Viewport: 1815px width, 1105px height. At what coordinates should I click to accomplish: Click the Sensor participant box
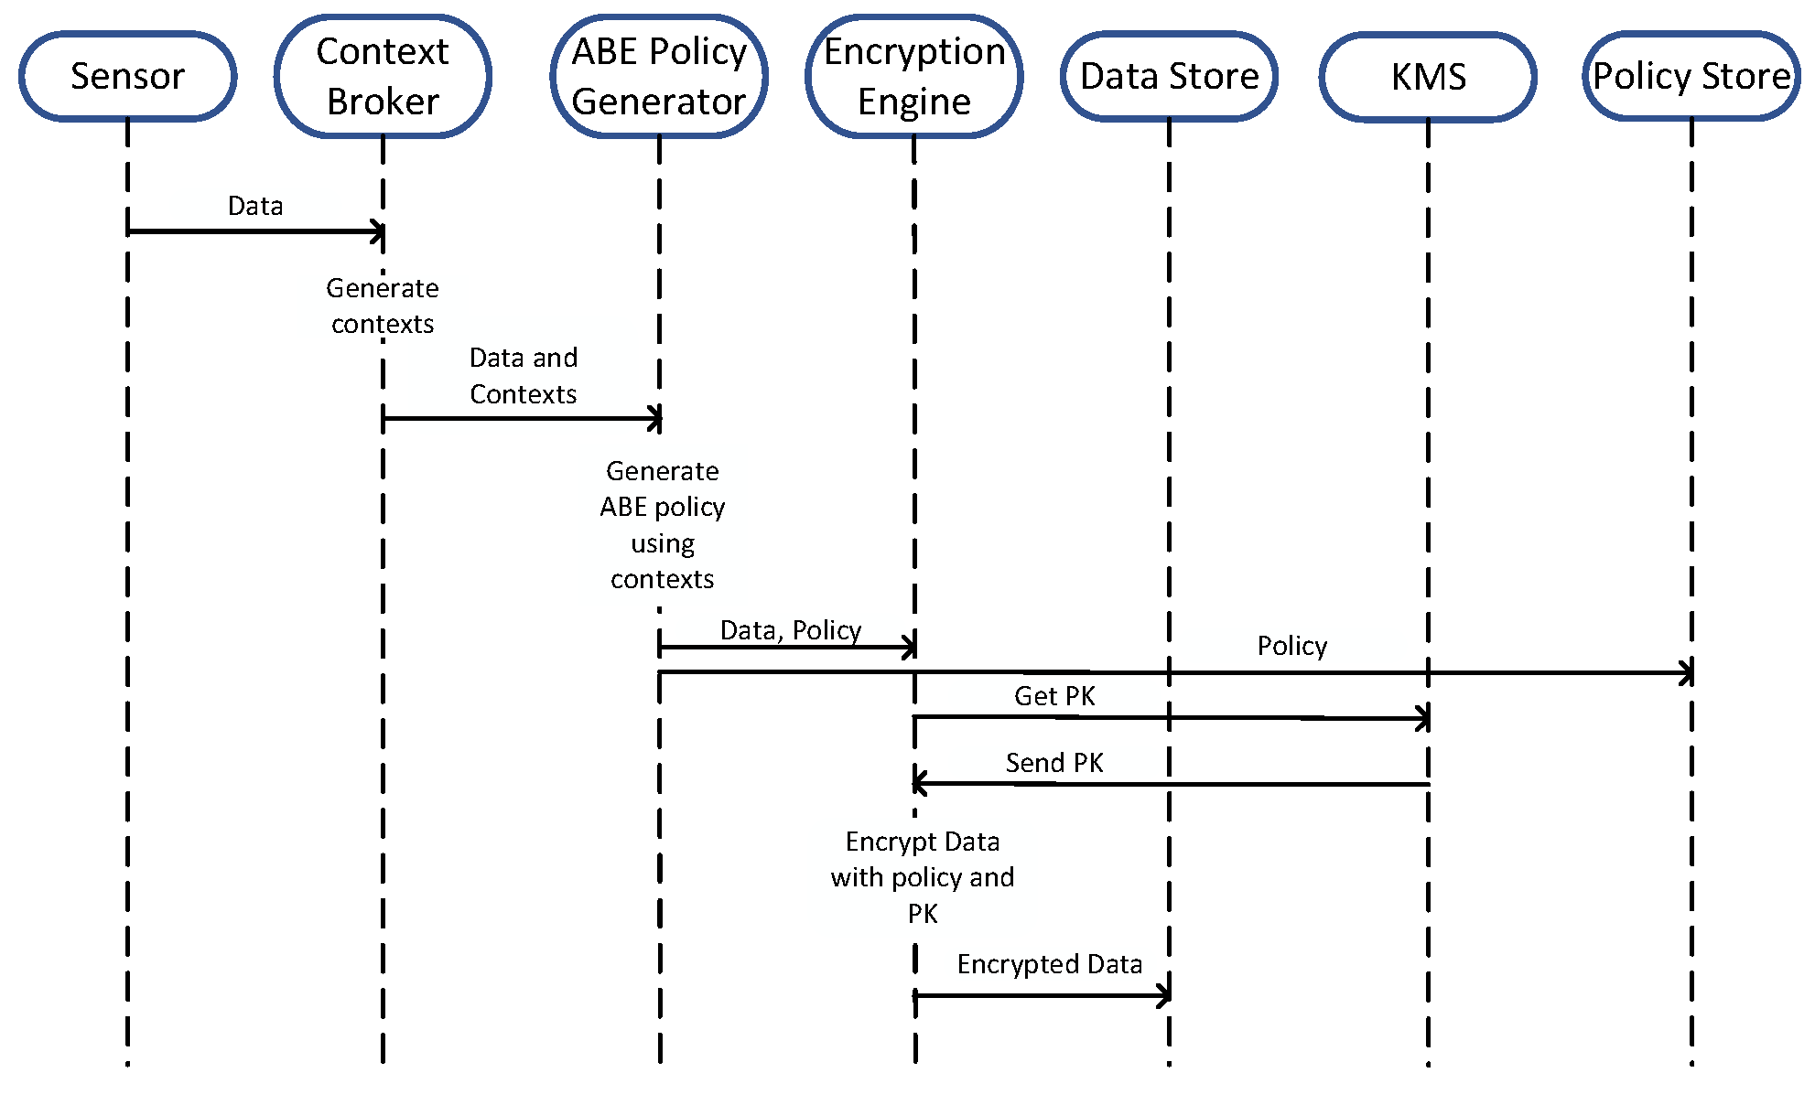coord(128,76)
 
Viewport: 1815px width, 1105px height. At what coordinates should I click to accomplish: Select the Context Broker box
coord(383,76)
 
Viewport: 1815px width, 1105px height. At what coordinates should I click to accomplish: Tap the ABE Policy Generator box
coord(659,76)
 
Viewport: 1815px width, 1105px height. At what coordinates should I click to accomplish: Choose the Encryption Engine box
coord(914,76)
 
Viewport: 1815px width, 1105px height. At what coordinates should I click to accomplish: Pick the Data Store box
coord(1169,76)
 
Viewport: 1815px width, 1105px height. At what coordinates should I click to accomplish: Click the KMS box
coord(1428,76)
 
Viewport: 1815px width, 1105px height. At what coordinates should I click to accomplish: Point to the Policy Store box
coord(1691,76)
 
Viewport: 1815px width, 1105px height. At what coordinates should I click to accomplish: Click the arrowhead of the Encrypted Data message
coord(1163,995)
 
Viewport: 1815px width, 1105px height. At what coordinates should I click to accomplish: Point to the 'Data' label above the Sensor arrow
coord(255,206)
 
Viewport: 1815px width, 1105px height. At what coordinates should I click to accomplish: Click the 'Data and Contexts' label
coord(524,376)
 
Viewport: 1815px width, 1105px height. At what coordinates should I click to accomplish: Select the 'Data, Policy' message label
coord(791,630)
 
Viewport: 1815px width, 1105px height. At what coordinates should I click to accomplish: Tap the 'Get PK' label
coord(1054,696)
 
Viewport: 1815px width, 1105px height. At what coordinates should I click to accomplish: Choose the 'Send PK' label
coord(1054,763)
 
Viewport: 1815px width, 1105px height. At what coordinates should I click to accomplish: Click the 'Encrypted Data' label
coord(1050,964)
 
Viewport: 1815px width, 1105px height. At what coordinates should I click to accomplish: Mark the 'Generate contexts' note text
coord(383,306)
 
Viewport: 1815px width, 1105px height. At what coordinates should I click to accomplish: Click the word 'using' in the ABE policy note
coord(663,544)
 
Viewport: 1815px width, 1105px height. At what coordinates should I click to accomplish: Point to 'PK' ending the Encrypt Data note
coord(923,914)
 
